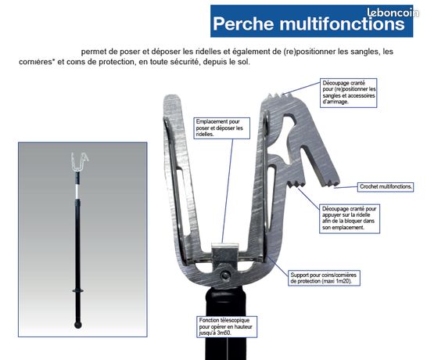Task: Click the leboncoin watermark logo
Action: (x=393, y=13)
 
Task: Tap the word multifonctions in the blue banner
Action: (x=342, y=23)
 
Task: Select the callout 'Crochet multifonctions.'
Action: (x=386, y=187)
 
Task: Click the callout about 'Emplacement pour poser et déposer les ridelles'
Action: (x=221, y=128)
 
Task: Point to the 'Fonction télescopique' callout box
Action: (x=227, y=327)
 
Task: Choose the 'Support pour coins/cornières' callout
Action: (x=324, y=278)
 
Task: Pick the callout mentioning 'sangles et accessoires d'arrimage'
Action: (x=349, y=92)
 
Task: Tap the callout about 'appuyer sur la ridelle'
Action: (x=350, y=218)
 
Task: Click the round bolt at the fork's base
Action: (x=225, y=275)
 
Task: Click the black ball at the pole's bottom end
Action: (x=78, y=325)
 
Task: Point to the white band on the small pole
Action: (x=77, y=190)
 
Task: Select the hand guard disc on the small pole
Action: (x=78, y=291)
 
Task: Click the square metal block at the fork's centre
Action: (x=225, y=255)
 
